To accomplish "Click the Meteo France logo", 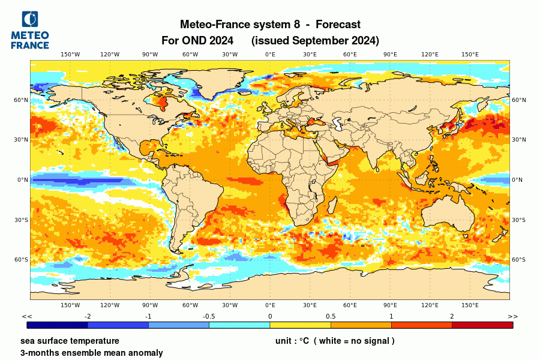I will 30,30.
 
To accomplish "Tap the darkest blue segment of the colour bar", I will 58,325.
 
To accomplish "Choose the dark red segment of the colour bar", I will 482,325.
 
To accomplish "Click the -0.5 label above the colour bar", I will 209,316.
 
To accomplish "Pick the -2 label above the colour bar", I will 88,316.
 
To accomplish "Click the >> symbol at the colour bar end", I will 512,316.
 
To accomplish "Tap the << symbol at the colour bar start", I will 27,316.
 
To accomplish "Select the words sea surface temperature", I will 65,341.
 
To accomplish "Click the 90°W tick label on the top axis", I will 150,55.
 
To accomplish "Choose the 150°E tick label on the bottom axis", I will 470,305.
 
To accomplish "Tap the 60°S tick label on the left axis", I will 22,260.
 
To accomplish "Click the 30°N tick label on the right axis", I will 518,140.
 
